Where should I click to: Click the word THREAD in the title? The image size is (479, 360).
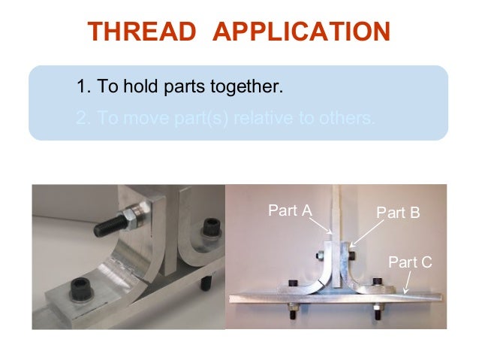[x=138, y=32]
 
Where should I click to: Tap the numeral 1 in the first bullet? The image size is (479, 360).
[x=82, y=87]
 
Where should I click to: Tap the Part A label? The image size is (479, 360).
[x=290, y=211]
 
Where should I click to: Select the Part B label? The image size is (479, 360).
[x=398, y=212]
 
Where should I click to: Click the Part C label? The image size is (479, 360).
[x=410, y=262]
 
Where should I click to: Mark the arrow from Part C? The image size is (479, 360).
[x=406, y=284]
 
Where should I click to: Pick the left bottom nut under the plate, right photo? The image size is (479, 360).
[x=291, y=309]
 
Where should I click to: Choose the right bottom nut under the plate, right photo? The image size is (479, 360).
[x=375, y=309]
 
